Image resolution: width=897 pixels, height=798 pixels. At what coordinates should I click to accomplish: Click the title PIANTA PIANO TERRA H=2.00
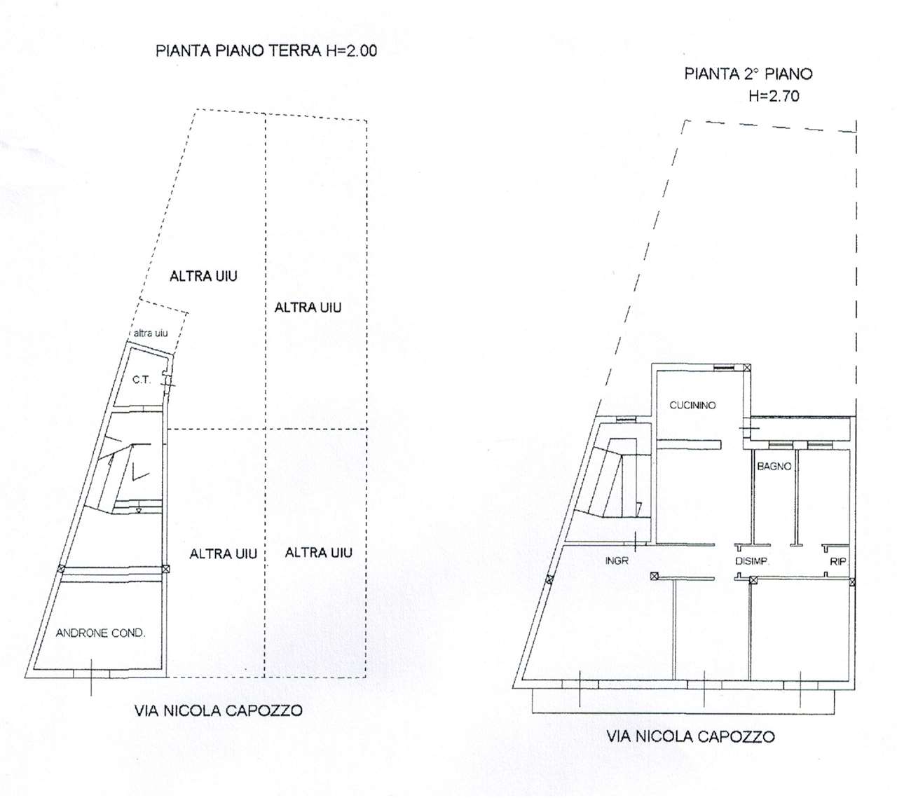pyautogui.click(x=266, y=51)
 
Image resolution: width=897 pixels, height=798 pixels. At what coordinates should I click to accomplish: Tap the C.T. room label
pyautogui.click(x=142, y=380)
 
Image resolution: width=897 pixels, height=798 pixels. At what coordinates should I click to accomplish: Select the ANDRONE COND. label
pyautogui.click(x=100, y=633)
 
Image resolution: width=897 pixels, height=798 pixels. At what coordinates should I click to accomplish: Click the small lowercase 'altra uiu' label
pyautogui.click(x=150, y=333)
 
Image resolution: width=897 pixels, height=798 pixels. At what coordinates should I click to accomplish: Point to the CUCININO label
pyautogui.click(x=692, y=405)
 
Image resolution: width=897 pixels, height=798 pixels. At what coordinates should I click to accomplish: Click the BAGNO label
pyautogui.click(x=774, y=466)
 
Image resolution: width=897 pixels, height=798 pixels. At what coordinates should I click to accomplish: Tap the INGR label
pyautogui.click(x=617, y=560)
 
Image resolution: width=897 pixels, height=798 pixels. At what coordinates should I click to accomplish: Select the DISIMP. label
pyautogui.click(x=753, y=561)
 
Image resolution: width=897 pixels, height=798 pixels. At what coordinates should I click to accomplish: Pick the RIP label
pyautogui.click(x=837, y=561)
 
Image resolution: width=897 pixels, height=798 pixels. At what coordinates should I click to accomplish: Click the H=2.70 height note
pyautogui.click(x=774, y=97)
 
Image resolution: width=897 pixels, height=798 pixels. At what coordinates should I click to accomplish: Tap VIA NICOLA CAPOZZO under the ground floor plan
pyautogui.click(x=218, y=710)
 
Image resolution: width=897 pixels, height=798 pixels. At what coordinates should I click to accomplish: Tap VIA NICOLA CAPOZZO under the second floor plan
pyautogui.click(x=690, y=736)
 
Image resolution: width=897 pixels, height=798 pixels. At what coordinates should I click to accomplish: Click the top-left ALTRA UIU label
pyautogui.click(x=203, y=276)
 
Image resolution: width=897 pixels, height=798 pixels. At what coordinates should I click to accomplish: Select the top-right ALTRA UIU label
pyautogui.click(x=308, y=307)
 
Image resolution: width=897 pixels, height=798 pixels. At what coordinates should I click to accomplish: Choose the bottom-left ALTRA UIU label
pyautogui.click(x=223, y=553)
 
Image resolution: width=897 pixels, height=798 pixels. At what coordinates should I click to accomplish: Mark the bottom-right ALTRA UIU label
pyautogui.click(x=318, y=553)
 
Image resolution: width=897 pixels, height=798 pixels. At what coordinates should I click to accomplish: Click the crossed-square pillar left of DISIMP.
pyautogui.click(x=654, y=576)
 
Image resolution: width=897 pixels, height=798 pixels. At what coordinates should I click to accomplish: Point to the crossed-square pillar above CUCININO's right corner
pyautogui.click(x=747, y=367)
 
